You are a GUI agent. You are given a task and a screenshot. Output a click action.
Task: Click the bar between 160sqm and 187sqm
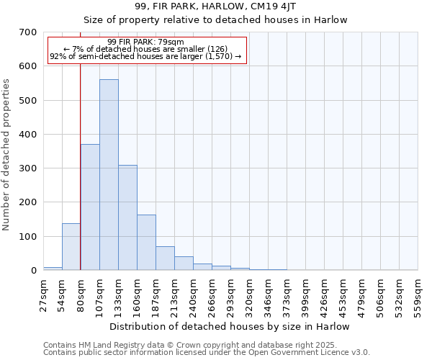coord(146,243)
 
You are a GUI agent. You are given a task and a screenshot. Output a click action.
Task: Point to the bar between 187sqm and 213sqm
coord(165,258)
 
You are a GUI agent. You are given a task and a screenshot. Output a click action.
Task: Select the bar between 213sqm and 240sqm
coord(184,264)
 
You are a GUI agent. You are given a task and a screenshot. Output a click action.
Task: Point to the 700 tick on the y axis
coord(28,32)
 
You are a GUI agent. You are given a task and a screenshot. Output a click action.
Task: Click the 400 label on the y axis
coord(28,135)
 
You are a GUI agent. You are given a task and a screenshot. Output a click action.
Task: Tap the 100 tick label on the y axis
coord(28,237)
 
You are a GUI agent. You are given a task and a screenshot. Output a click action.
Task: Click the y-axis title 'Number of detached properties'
coord(6,156)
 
